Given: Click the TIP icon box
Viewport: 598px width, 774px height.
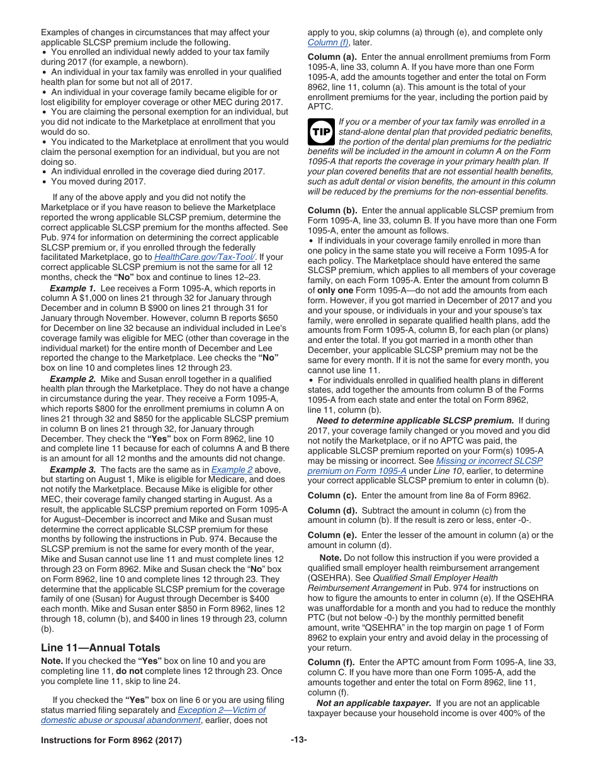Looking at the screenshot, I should click(x=321, y=132).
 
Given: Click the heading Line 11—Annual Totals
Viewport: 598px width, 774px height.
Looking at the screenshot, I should click(x=100, y=648).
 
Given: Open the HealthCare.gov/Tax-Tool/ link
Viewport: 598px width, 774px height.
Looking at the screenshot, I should click(x=205, y=257).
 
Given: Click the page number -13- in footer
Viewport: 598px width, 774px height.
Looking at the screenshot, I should click(x=299, y=740).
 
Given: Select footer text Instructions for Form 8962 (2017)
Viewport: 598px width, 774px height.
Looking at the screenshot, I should click(x=111, y=740).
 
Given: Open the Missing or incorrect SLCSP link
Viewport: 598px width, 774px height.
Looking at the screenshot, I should click(x=489, y=461).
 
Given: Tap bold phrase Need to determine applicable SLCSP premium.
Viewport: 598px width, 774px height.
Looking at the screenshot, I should click(x=415, y=420).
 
